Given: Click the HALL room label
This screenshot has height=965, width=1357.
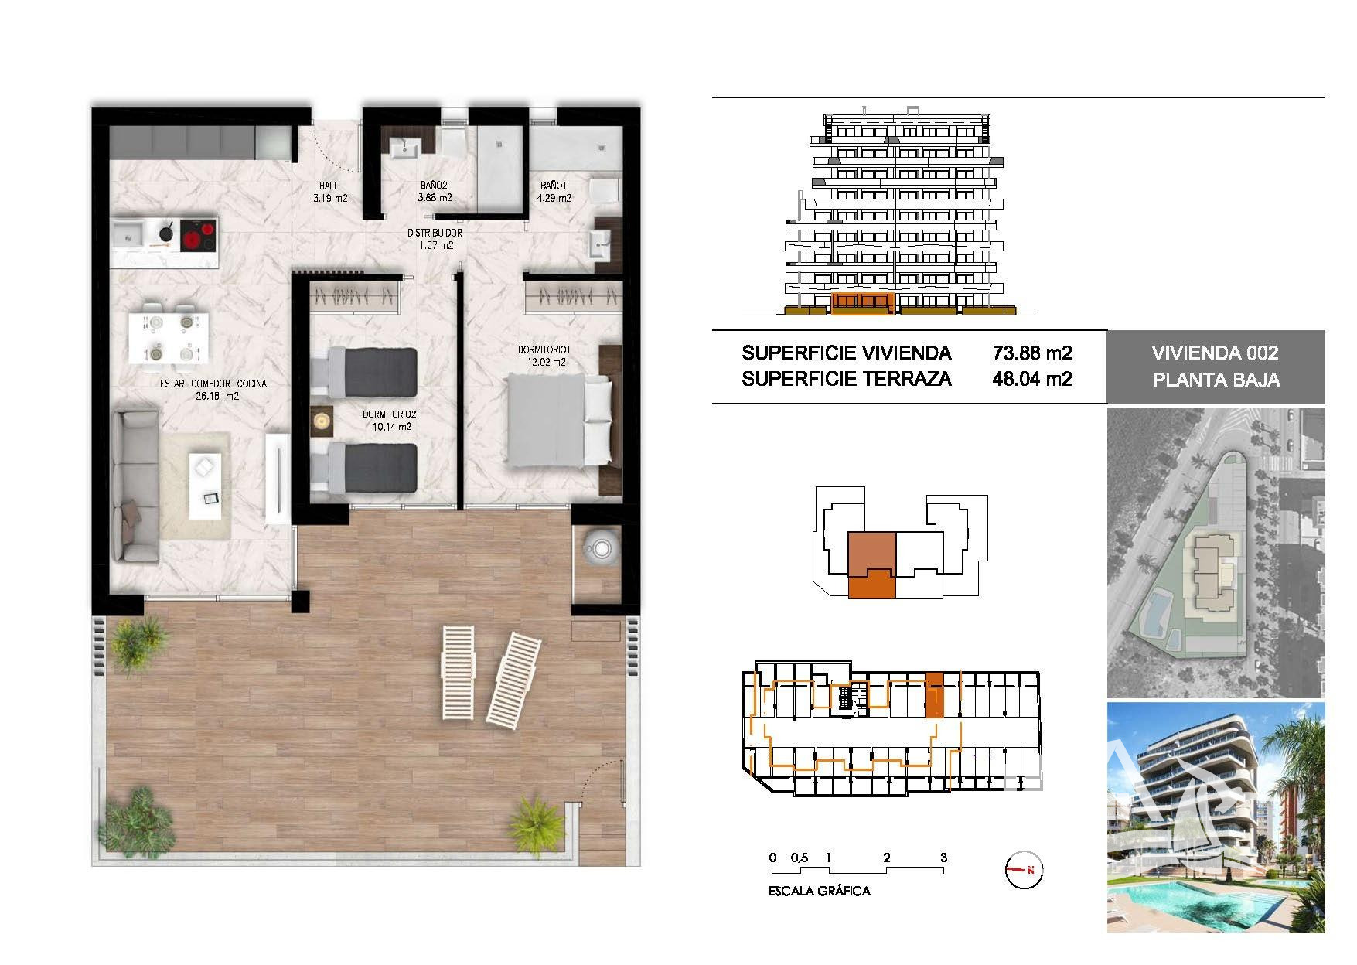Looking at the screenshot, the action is pyautogui.click(x=329, y=186).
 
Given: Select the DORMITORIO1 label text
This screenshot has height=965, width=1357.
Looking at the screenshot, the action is pyautogui.click(x=543, y=350).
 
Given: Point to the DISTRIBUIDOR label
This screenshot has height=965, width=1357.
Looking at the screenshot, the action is pyautogui.click(x=435, y=233).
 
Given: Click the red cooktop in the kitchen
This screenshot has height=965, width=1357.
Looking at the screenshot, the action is pyautogui.click(x=198, y=237).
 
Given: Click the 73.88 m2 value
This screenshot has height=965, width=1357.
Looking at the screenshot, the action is pyautogui.click(x=1032, y=353).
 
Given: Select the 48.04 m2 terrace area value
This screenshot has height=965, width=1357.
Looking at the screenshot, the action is pyautogui.click(x=1032, y=379).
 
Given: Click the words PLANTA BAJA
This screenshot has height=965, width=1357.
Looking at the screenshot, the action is pyautogui.click(x=1216, y=380).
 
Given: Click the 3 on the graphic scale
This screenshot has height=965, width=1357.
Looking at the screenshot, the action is pyautogui.click(x=943, y=858).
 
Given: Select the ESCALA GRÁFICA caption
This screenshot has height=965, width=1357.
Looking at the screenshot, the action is pyautogui.click(x=820, y=891).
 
